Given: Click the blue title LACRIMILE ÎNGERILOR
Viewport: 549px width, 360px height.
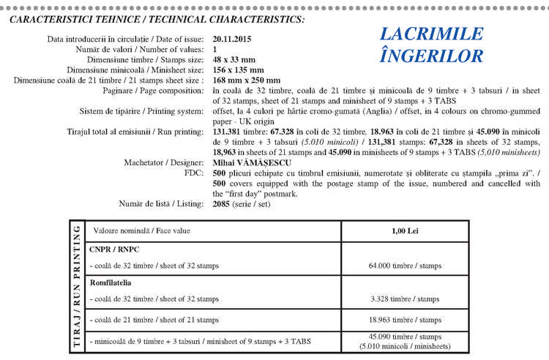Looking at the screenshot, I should click(432, 45).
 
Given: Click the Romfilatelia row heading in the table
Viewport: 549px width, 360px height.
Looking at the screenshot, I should click(114, 282).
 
